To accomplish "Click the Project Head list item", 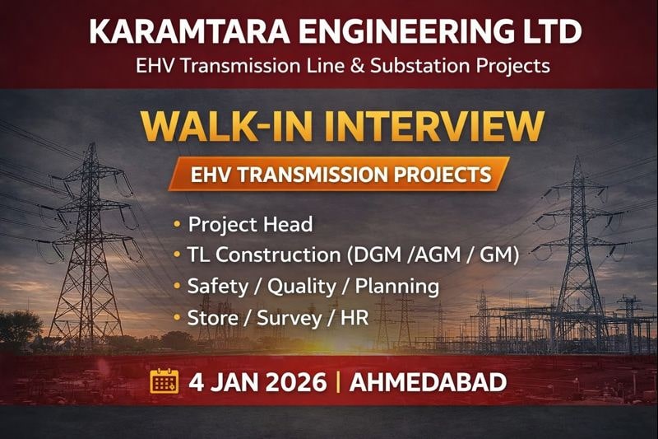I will [x=250, y=224].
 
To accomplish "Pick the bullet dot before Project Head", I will [x=177, y=224].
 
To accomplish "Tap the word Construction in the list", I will [x=271, y=255].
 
